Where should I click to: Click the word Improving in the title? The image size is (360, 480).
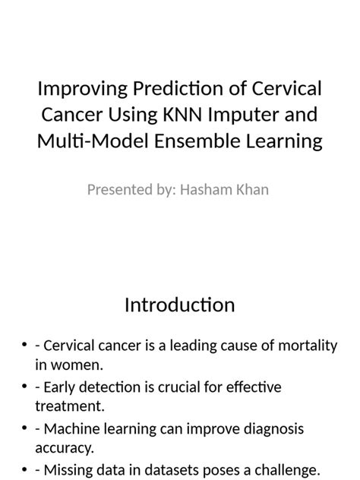click(x=79, y=90)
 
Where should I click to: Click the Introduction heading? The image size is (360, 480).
click(x=180, y=305)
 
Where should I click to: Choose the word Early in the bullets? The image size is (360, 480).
click(x=59, y=387)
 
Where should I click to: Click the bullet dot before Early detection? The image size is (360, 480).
click(x=25, y=388)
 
